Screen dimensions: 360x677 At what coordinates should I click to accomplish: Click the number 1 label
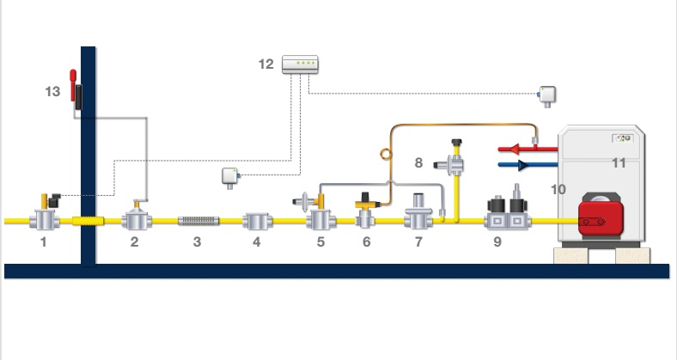[42, 243]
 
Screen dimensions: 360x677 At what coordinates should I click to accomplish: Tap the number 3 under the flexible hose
[197, 243]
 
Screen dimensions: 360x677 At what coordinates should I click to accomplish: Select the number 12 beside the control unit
[266, 64]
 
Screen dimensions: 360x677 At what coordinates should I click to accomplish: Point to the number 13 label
[53, 90]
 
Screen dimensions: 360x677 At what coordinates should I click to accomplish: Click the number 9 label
[497, 243]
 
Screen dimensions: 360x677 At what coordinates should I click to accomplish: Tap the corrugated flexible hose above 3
[198, 221]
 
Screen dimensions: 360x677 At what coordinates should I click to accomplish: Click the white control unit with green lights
[301, 64]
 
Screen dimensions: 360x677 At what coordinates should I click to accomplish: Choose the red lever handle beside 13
[74, 79]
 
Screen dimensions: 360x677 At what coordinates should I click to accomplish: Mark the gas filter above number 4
[256, 221]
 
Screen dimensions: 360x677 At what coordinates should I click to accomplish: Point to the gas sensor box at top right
[546, 94]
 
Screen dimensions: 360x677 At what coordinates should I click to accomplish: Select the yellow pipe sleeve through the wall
[88, 221]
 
